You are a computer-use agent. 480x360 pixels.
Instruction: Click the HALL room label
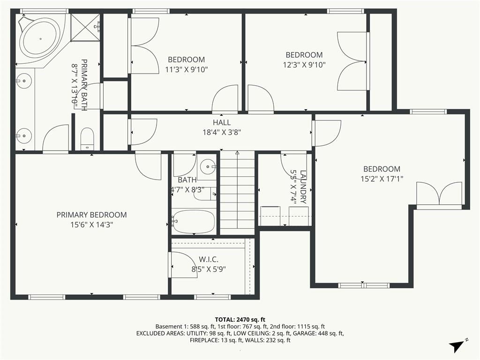[x=222, y=123]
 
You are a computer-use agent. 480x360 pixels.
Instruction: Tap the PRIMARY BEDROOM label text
[x=91, y=215]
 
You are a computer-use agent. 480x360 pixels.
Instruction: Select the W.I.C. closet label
[x=209, y=260]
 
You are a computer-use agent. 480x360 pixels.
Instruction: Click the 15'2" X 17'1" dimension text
[x=382, y=179]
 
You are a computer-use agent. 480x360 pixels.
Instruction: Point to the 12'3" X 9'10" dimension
[x=304, y=65]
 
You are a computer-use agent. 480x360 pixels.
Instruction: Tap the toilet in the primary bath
[x=87, y=139]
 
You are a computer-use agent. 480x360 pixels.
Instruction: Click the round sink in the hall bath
[x=208, y=167]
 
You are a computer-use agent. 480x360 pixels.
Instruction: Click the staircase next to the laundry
[x=237, y=193]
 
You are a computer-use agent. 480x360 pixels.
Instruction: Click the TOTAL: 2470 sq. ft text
[x=240, y=320]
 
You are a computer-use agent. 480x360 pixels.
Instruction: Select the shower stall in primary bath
[x=85, y=28]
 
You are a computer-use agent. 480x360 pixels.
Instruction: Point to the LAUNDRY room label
[x=303, y=187]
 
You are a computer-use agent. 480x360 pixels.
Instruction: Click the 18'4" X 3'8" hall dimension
[x=222, y=133]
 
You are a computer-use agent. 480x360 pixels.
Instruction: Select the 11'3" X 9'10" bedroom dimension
[x=187, y=69]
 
